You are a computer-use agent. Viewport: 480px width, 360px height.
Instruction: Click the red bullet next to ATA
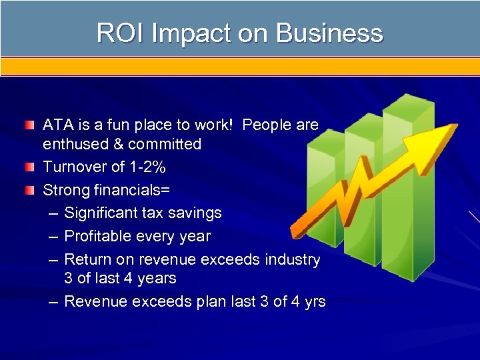pos(29,125)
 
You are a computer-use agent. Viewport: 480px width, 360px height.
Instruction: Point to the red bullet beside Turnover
pos(29,167)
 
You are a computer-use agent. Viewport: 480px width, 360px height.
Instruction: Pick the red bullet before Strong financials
pos(29,191)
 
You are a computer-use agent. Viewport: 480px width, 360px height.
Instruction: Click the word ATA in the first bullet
pos(57,125)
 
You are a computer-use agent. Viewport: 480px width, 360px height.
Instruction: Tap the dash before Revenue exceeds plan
pos(53,302)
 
